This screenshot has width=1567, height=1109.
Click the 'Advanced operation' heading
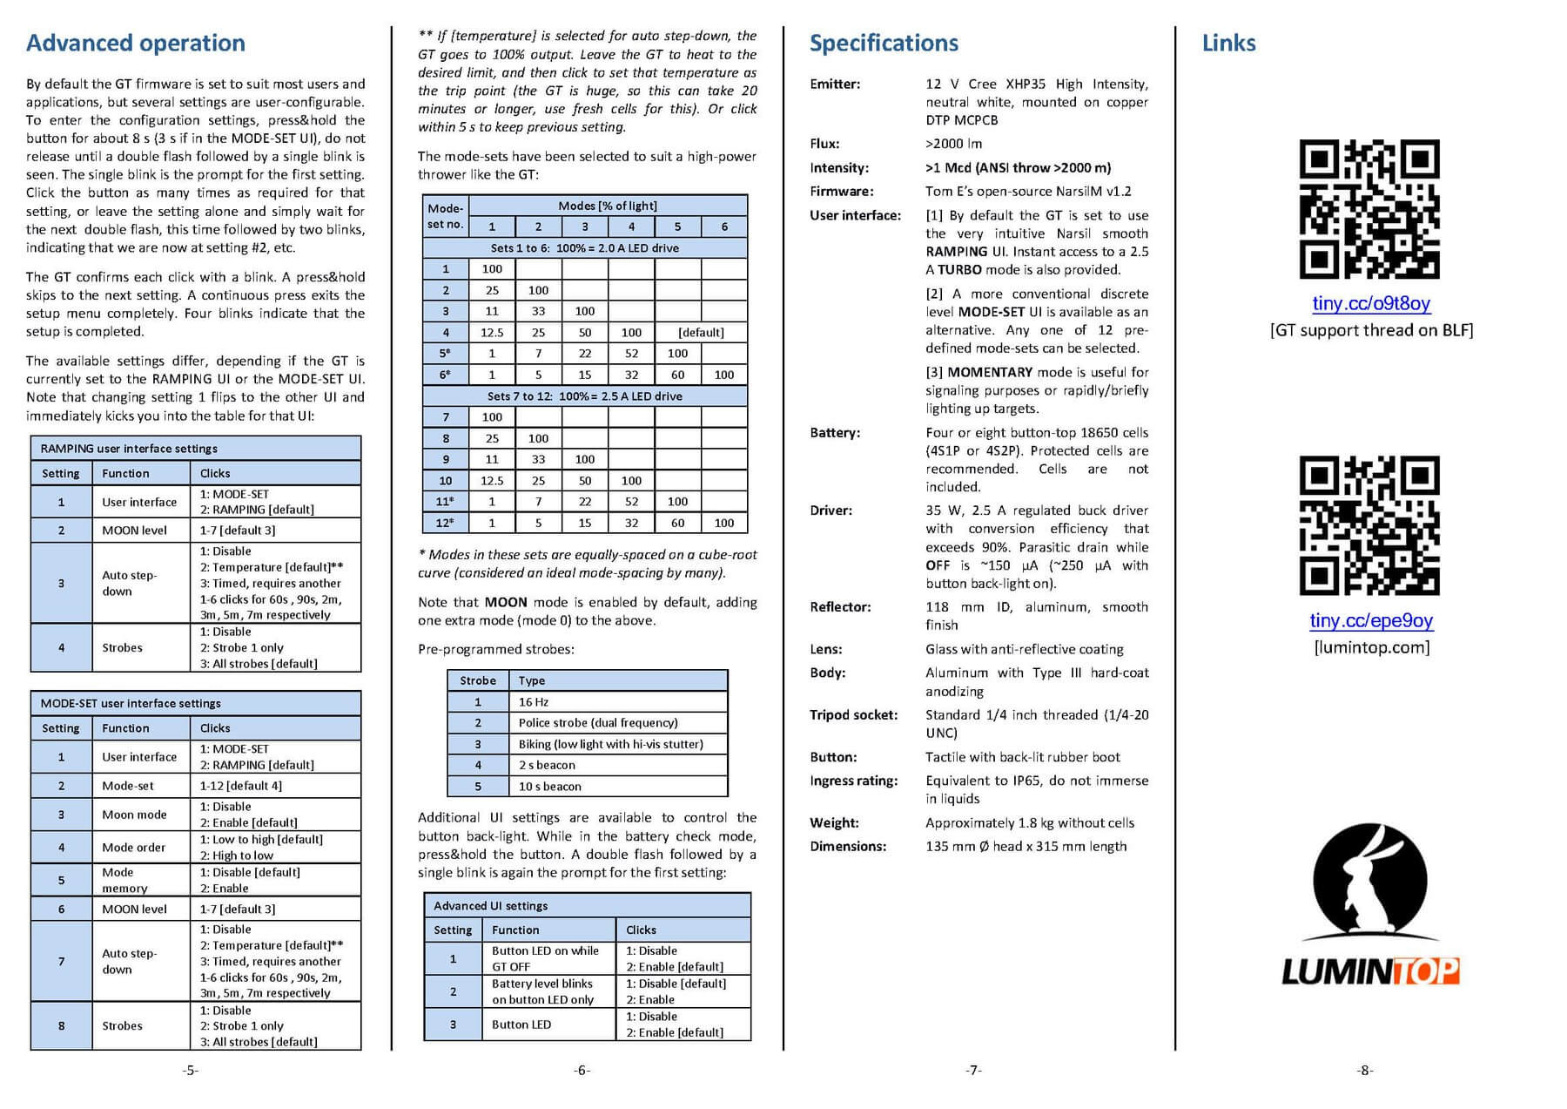(136, 43)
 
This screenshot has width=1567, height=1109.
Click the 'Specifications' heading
(884, 43)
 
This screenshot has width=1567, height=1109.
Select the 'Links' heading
(1228, 43)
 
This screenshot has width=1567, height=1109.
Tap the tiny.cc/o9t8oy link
(1371, 303)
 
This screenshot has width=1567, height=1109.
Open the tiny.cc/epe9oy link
(1371, 620)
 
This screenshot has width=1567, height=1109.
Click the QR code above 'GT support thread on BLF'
(1369, 209)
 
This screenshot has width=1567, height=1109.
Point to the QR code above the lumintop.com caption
(1369, 525)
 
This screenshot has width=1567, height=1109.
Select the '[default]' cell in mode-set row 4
(701, 333)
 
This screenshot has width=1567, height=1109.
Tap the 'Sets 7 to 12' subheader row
(585, 396)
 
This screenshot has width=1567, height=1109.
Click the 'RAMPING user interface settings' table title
(129, 449)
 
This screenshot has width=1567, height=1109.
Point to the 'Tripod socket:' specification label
(853, 715)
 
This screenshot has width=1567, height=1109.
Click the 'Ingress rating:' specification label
(853, 781)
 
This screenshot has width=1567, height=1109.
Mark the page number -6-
(582, 1070)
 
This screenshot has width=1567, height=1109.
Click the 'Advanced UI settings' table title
(491, 906)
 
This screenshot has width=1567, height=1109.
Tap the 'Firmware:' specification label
(841, 192)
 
